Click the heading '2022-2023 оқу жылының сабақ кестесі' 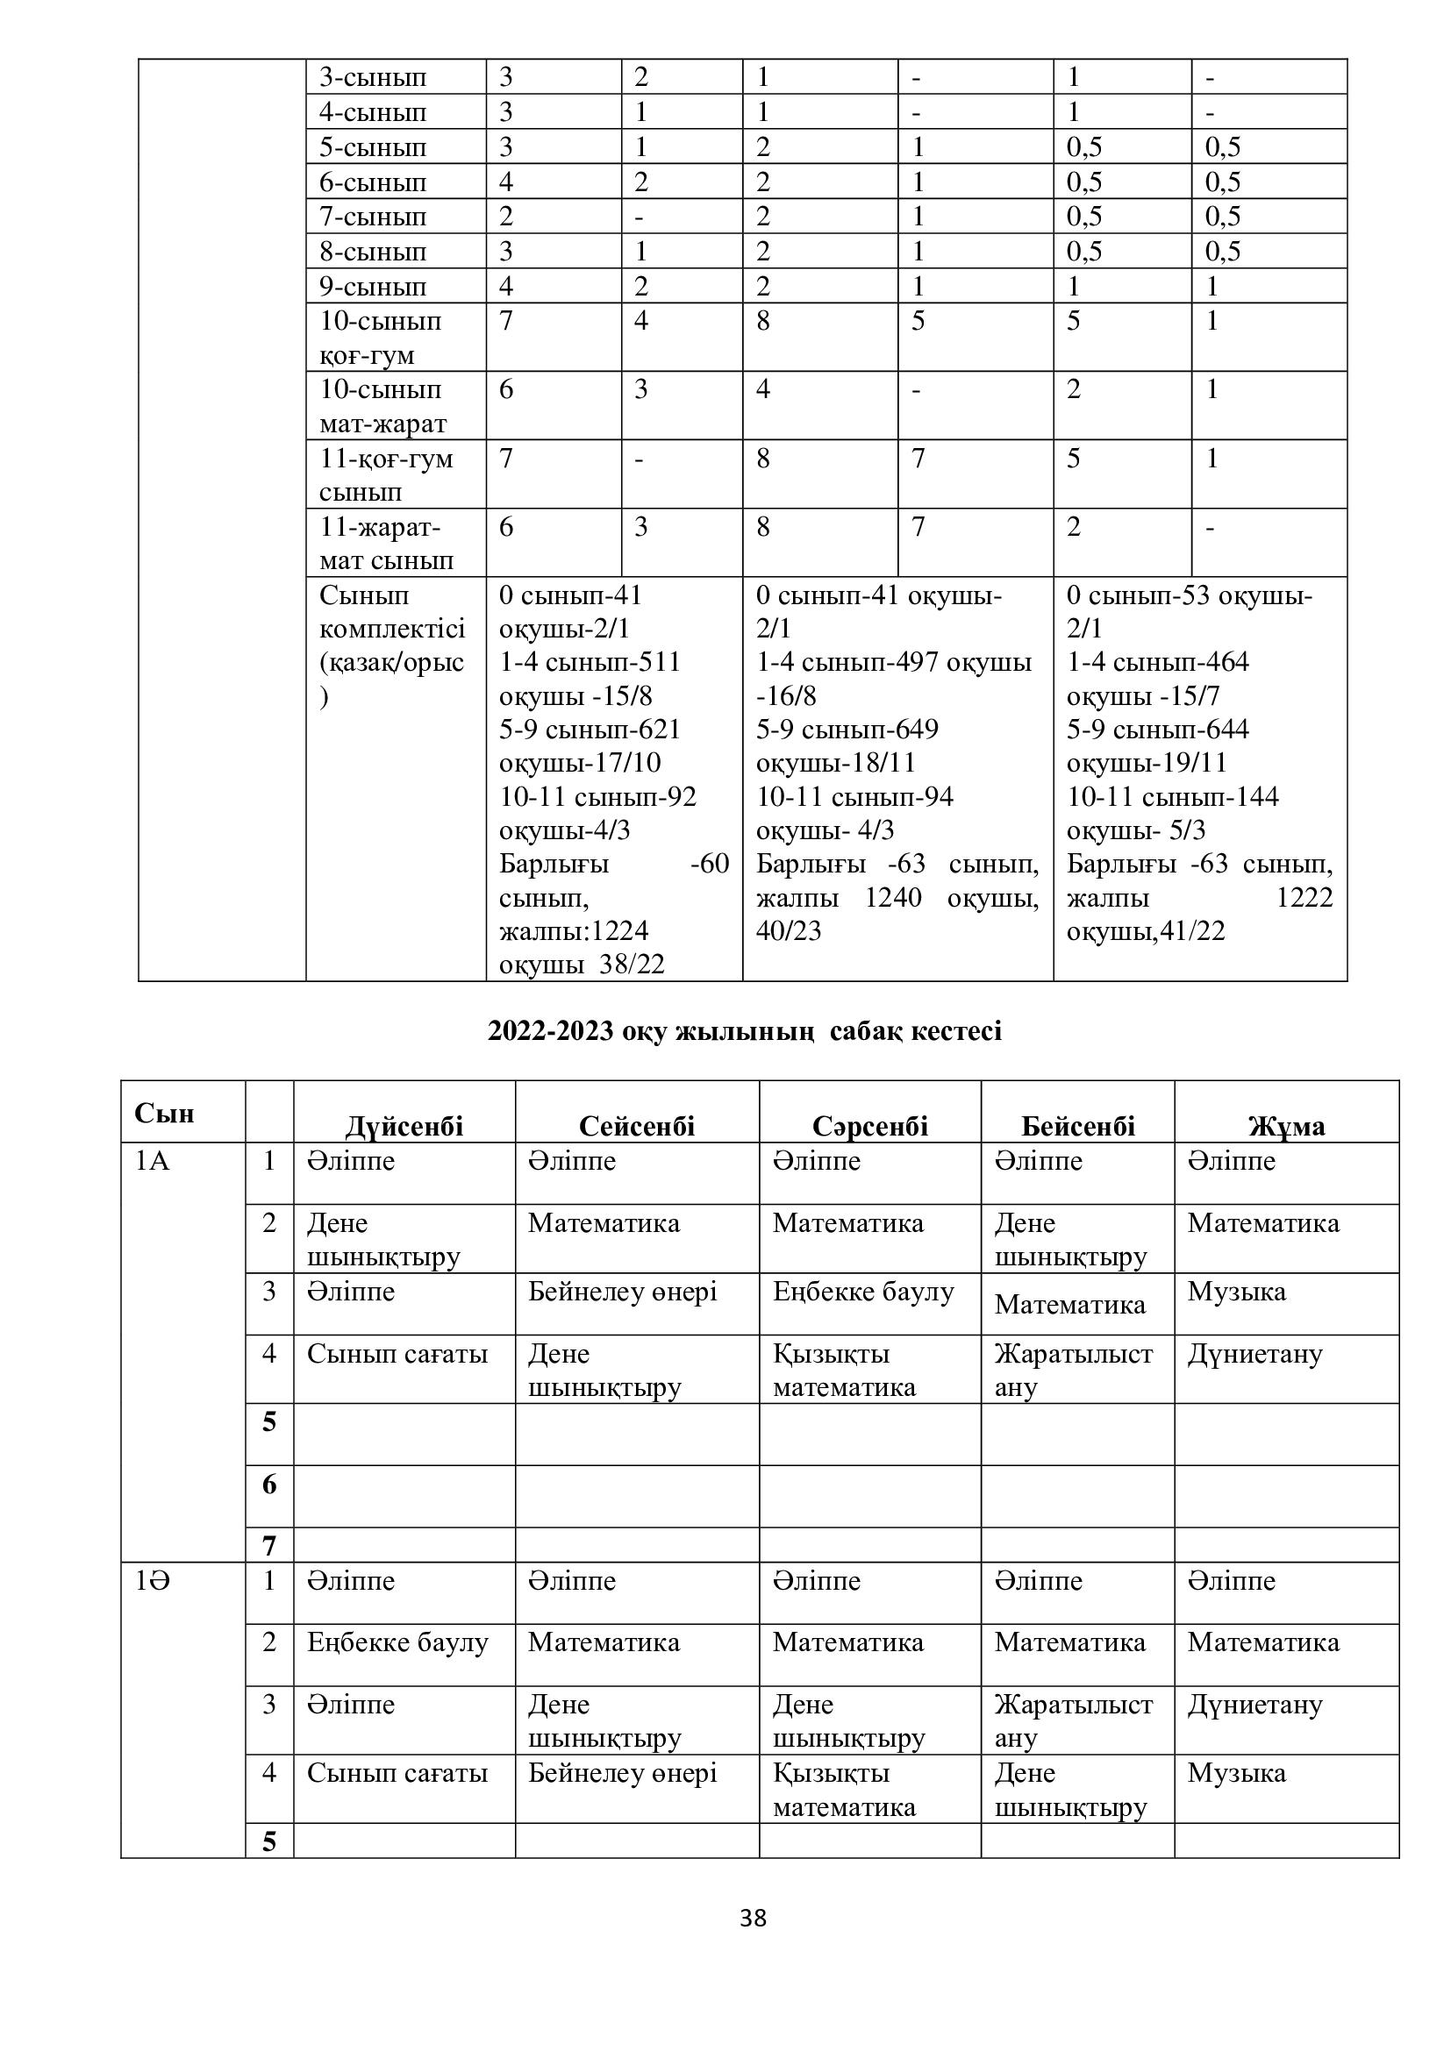point(744,1031)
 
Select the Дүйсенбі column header point(404,1126)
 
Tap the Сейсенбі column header point(636,1126)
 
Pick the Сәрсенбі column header point(869,1126)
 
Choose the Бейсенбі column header point(1077,1126)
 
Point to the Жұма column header point(1286,1126)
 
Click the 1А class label point(153,1161)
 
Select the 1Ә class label point(153,1581)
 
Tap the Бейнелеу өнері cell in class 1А point(622,1292)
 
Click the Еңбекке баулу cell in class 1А point(863,1292)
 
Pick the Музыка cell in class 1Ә point(1237,1772)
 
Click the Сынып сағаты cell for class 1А point(397,1354)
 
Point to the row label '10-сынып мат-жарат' point(382,406)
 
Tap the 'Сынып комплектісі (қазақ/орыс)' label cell point(391,645)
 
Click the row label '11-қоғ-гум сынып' point(386,474)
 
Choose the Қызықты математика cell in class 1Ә point(843,1790)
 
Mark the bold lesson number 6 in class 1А point(269,1485)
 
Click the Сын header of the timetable point(164,1113)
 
